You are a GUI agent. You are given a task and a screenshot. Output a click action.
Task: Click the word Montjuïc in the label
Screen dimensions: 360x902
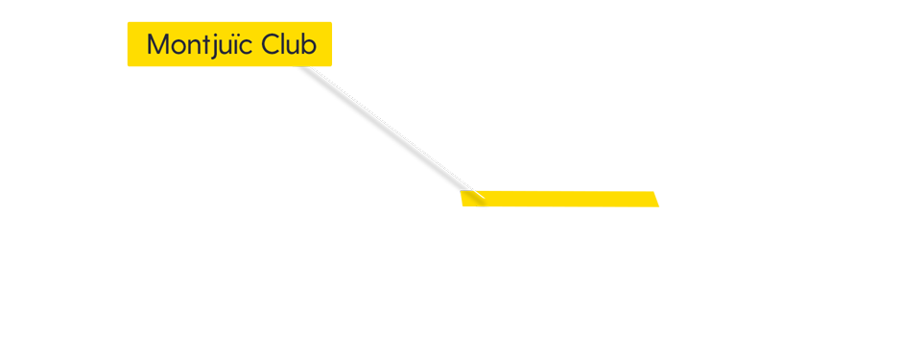coord(200,44)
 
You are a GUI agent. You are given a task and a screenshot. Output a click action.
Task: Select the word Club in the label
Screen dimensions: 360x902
coord(289,44)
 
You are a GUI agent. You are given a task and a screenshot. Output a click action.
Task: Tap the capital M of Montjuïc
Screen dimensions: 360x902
coord(157,44)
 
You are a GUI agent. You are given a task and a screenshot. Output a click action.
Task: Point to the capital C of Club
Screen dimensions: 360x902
coord(270,44)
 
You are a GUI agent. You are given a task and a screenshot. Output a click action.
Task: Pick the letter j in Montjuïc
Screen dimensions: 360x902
coord(221,46)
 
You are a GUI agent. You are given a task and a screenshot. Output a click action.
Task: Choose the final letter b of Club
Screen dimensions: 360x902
coord(309,44)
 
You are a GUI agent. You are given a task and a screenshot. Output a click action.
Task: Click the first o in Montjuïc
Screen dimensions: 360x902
coord(178,46)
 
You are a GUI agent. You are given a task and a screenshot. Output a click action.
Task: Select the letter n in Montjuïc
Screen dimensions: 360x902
coord(196,46)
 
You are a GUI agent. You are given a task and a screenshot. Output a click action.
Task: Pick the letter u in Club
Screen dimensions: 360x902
coord(294,46)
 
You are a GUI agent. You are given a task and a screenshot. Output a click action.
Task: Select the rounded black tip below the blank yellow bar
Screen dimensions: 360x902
coord(483,205)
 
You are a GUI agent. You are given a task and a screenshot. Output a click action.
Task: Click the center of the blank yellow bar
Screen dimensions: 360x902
coord(559,199)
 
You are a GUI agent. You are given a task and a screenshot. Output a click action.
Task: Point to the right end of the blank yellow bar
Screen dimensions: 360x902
coord(657,199)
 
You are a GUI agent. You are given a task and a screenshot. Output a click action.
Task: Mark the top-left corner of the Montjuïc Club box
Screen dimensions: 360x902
coord(129,23)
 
